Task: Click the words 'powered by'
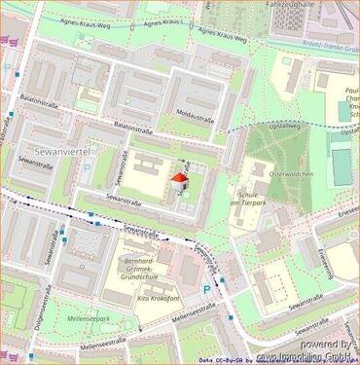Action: (326, 344)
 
